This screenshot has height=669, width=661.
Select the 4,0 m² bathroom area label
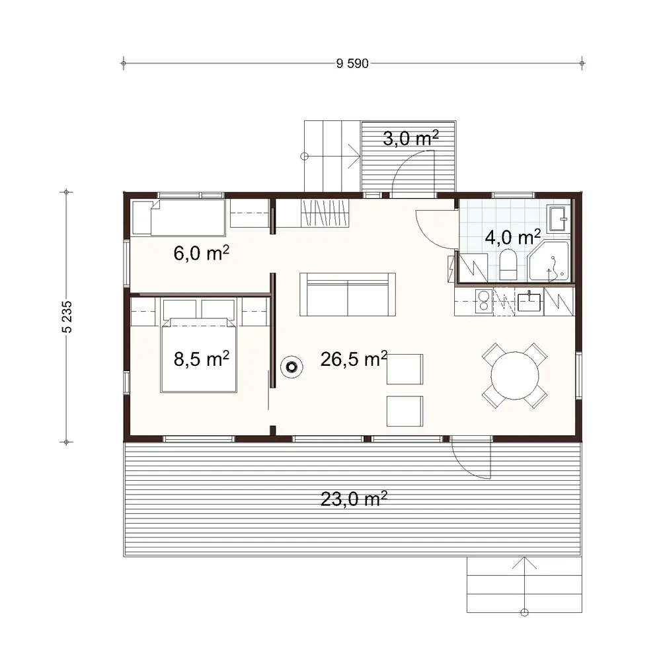coord(513,237)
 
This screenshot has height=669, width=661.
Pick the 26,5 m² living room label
coord(354,359)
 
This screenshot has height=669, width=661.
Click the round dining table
coord(515,374)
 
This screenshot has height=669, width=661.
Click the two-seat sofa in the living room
coord(348,295)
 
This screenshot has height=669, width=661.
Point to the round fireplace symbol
coord(291,367)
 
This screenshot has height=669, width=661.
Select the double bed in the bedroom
coord(198,353)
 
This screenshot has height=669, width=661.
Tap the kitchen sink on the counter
coord(529,302)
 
